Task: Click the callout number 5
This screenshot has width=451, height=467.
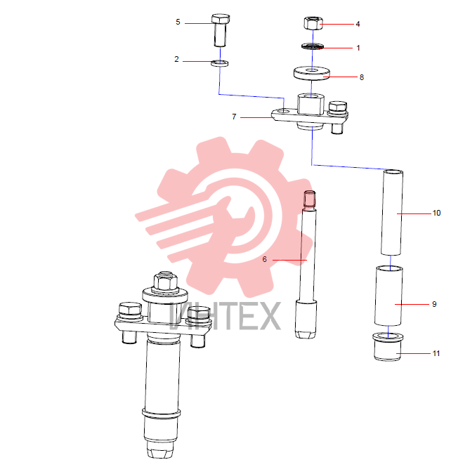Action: click(178, 22)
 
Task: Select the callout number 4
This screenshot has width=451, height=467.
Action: click(358, 24)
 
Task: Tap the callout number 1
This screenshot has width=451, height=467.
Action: click(358, 48)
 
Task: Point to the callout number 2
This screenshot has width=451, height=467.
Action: click(176, 59)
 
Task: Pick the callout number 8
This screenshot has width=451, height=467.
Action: click(362, 77)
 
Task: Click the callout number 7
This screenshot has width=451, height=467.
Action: click(234, 117)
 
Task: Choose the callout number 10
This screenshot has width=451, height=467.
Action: click(436, 213)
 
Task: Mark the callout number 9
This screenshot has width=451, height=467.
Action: click(434, 304)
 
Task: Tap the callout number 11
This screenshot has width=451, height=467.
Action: click(436, 353)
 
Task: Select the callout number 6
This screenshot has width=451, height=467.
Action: click(265, 259)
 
